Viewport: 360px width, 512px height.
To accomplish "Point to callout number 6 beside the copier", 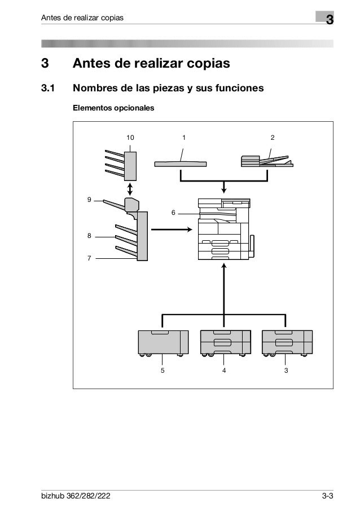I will pos(174,213).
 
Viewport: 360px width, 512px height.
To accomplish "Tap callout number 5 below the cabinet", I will pos(163,370).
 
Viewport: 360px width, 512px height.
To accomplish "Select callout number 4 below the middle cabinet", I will pos(224,370).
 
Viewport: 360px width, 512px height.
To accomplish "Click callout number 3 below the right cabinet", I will pos(286,370).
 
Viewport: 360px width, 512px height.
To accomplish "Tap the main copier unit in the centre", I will pos(224,228).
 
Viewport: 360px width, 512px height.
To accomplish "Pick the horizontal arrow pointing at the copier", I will pos(172,229).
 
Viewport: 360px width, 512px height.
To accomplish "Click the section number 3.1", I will pos(48,89).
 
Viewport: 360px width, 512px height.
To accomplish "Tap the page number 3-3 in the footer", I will pos(327,496).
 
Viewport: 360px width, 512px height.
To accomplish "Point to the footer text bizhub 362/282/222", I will pos(77,496).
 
